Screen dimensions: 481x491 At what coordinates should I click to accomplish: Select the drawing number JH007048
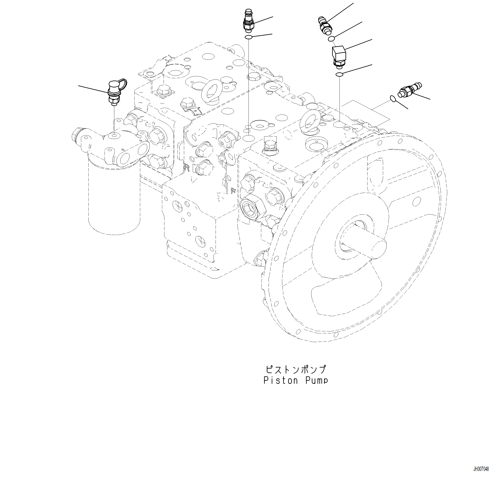point(481,476)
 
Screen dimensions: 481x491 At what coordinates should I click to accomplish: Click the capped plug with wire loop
point(114,92)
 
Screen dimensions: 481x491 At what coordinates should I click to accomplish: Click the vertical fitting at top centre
point(249,21)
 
